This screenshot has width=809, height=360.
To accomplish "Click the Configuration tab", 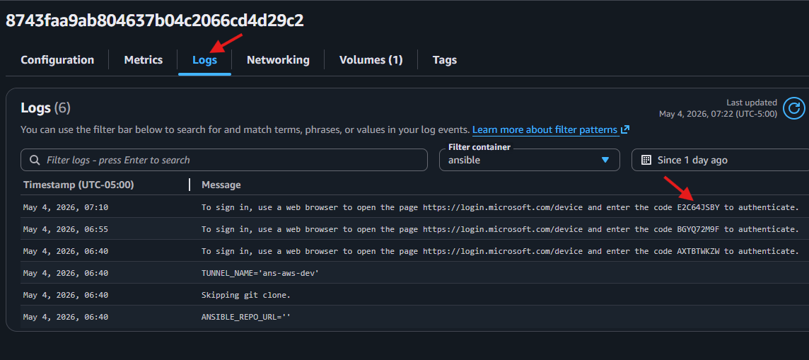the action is [57, 60].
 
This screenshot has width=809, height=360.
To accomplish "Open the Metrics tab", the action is [144, 60].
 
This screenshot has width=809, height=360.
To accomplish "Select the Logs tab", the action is [205, 60].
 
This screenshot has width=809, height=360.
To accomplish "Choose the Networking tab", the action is [278, 60].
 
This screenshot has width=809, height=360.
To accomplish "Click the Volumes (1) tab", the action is [371, 60].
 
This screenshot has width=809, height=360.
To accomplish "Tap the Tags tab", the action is [445, 60].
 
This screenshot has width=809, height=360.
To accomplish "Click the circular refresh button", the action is [793, 108].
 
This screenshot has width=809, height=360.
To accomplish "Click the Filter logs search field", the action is [224, 160].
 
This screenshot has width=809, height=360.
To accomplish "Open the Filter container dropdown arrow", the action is [606, 160].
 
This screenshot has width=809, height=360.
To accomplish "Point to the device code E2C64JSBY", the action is [698, 207].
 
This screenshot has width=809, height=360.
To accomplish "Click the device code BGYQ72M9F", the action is [698, 229].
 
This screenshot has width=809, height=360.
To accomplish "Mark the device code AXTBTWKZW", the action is [698, 251].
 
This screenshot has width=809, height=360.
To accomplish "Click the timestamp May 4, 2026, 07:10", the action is [66, 207].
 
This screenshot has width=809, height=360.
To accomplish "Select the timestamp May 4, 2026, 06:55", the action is [66, 229].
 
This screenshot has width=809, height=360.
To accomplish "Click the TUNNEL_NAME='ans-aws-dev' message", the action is [260, 273].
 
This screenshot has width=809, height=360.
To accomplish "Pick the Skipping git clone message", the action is [245, 295].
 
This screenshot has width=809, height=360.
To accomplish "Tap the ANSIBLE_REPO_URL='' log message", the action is [246, 317].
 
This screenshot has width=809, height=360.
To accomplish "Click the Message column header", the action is [221, 185].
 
